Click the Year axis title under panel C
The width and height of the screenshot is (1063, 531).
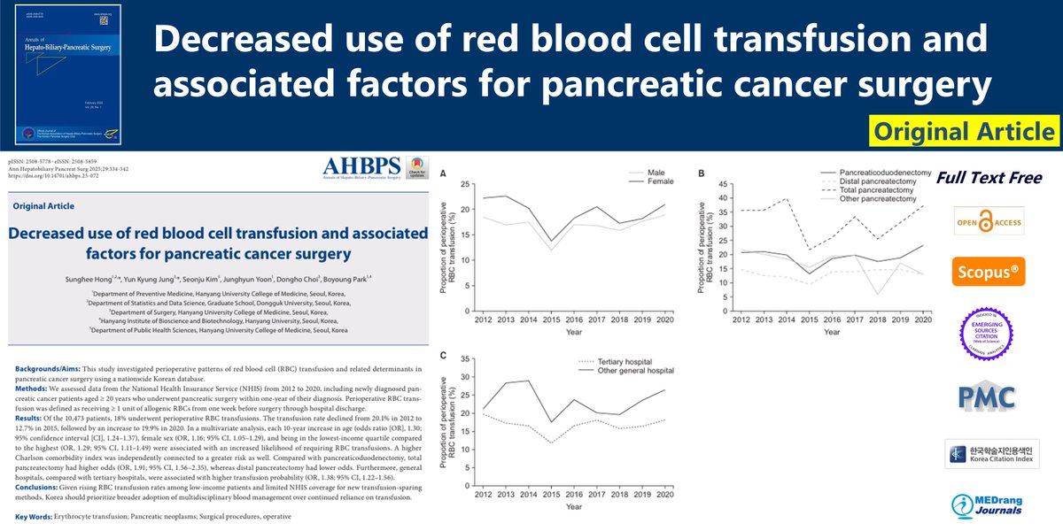coord(573,506)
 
